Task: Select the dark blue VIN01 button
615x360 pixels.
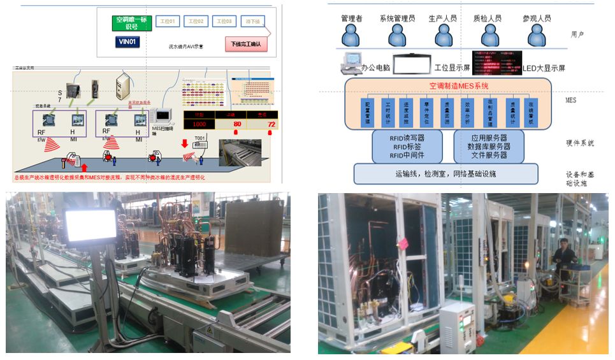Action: [x=127, y=42]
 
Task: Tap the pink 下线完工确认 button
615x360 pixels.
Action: [x=246, y=44]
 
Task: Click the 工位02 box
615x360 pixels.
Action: [x=196, y=22]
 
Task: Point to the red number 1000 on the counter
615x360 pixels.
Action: [x=200, y=124]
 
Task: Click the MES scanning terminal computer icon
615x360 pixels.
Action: [x=162, y=115]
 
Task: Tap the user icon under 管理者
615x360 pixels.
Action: [x=352, y=36]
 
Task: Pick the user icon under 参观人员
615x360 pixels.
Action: [x=535, y=36]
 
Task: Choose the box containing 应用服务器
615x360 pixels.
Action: [x=487, y=146]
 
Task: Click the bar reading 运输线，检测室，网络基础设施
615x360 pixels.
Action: [x=445, y=173]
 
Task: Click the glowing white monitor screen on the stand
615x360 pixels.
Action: [x=90, y=224]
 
